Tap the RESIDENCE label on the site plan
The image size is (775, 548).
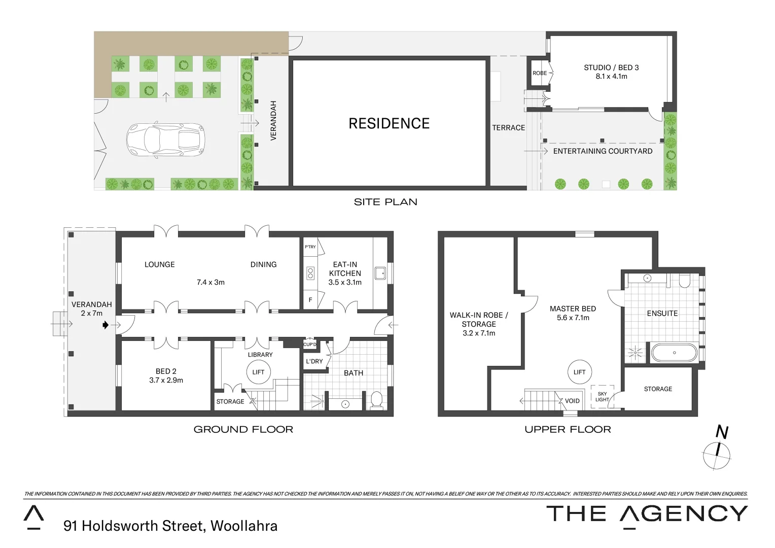[389, 123]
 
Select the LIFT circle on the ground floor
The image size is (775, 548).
[258, 372]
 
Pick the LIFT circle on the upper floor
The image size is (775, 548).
[579, 372]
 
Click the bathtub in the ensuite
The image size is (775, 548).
[674, 353]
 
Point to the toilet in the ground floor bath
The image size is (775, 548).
[376, 399]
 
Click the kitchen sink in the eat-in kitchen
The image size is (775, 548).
[380, 273]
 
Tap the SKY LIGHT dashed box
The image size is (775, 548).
[602, 397]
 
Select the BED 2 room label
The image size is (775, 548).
[166, 371]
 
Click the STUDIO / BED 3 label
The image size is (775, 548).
[611, 67]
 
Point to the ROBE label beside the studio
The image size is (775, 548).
[540, 73]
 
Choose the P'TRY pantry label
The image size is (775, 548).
[310, 247]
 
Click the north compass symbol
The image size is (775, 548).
[717, 453]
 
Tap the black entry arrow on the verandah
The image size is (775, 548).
[105, 325]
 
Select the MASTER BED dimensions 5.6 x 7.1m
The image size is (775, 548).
[573, 318]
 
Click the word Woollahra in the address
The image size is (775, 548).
[244, 526]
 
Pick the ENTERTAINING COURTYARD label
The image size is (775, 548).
[603, 151]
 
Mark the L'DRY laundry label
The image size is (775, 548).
[314, 361]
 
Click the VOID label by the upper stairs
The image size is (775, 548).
[572, 401]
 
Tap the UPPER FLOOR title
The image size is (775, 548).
[568, 429]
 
